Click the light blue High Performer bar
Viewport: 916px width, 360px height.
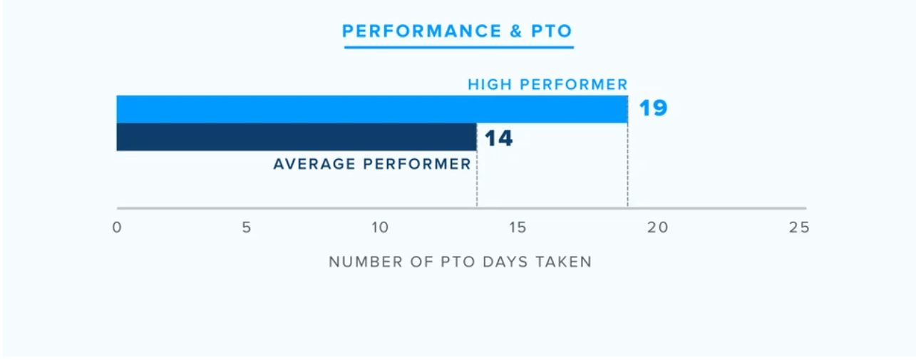(x=371, y=109)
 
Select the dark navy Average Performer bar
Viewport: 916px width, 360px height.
(x=296, y=137)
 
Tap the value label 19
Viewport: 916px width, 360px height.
(x=652, y=109)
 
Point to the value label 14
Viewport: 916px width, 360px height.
(x=498, y=138)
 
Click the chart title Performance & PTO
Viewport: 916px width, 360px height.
(x=458, y=31)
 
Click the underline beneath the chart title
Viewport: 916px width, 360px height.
(x=458, y=48)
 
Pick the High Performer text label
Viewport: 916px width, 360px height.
(x=547, y=85)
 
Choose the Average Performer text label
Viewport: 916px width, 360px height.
(x=372, y=165)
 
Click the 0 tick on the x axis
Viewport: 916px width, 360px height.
(x=117, y=228)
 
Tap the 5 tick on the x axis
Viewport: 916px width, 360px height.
(x=247, y=228)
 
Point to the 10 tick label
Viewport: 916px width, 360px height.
(x=380, y=228)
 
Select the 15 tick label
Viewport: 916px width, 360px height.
(x=518, y=228)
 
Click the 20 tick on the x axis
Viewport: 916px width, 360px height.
(x=657, y=228)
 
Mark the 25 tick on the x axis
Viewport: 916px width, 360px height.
(x=799, y=228)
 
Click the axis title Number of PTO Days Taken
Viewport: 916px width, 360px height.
(x=460, y=262)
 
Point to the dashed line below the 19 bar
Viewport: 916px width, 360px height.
(x=628, y=171)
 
